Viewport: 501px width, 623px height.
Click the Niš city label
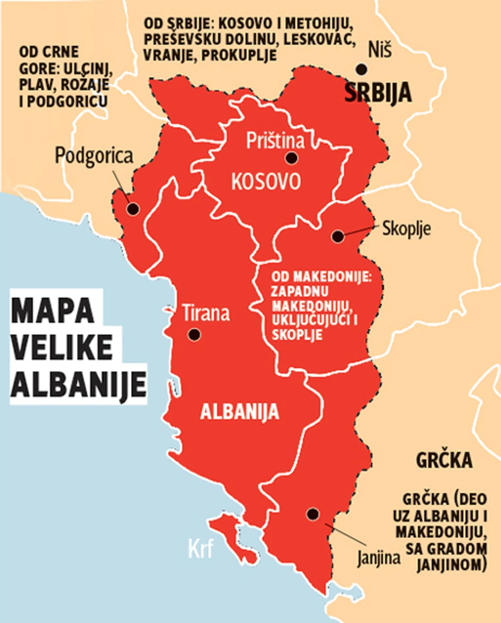point(380,51)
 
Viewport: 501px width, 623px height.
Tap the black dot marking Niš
point(362,69)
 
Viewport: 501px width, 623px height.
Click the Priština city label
point(275,141)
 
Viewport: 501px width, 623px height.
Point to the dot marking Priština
point(291,158)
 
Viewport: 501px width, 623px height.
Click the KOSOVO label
point(265,181)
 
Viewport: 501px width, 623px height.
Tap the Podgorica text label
point(94,156)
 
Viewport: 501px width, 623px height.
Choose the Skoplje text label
point(407,229)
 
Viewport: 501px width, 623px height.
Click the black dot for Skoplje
point(337,236)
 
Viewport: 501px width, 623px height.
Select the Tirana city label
point(206,313)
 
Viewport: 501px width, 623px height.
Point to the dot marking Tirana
point(194,334)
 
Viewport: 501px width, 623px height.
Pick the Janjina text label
point(378,559)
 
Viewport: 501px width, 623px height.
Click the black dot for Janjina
point(313,514)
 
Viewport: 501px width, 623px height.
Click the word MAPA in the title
point(50,312)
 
